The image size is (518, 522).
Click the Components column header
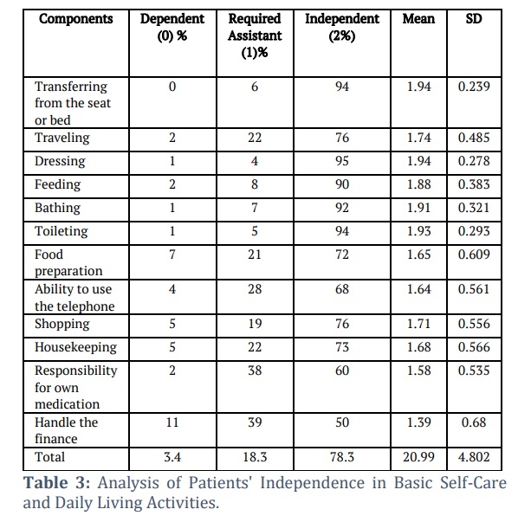click(76, 19)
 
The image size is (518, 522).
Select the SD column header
click(474, 19)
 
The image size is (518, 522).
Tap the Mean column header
click(418, 19)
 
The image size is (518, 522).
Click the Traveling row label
click(62, 138)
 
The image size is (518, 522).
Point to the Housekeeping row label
click(76, 347)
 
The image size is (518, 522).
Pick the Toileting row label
click(62, 231)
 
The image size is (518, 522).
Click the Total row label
click(49, 457)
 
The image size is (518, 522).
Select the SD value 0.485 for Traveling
click(474, 138)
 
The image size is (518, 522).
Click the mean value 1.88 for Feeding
click(418, 184)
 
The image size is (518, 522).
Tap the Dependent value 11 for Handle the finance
click(172, 422)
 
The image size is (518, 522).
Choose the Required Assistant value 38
click(255, 371)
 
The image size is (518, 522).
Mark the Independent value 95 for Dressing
click(342, 161)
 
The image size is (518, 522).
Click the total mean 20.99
click(418, 457)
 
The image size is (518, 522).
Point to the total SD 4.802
click(474, 457)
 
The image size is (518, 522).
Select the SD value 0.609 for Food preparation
click(474, 255)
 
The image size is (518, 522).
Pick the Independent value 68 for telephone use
click(342, 289)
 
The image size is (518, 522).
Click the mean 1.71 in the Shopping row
click(418, 324)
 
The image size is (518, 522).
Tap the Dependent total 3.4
click(172, 457)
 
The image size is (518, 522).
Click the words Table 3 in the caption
click(56, 483)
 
